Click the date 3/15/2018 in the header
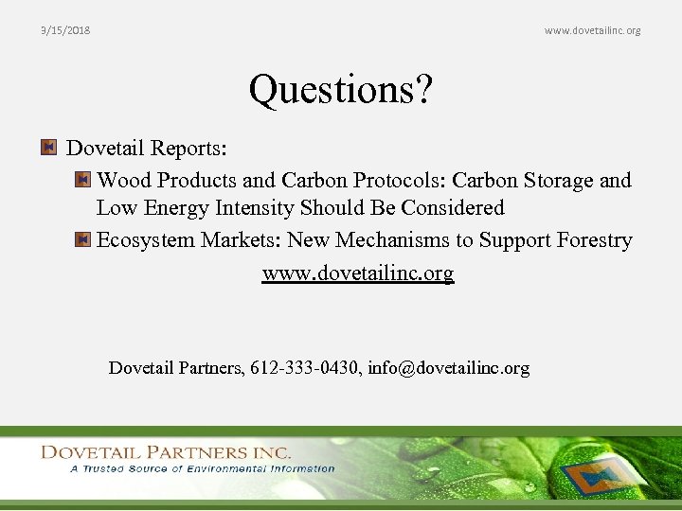click(65, 31)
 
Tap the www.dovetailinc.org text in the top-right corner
click(592, 31)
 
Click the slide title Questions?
click(340, 91)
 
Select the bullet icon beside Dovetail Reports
click(49, 148)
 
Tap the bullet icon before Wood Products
click(82, 179)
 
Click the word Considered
click(452, 208)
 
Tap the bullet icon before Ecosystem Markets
click(82, 240)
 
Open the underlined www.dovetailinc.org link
click(358, 273)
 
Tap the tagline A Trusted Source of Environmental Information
click(202, 468)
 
